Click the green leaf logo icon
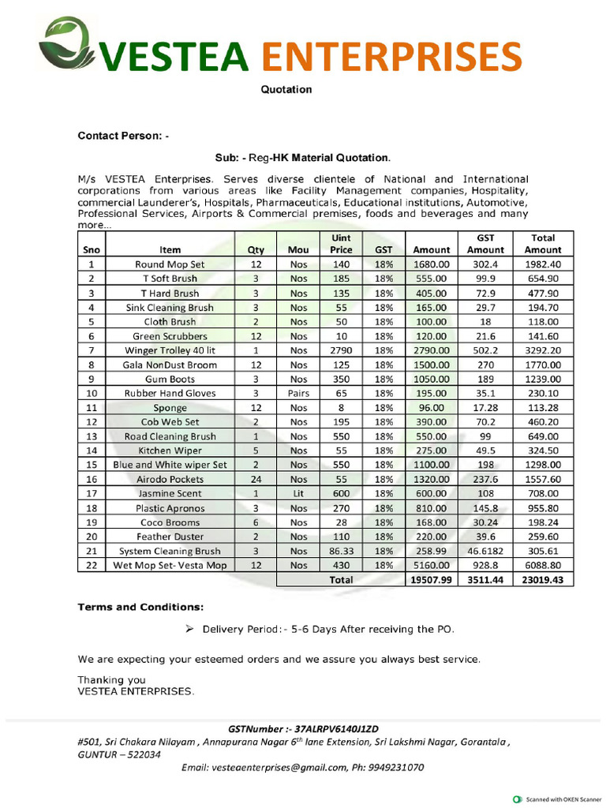tap(67, 44)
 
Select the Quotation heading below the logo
tap(286, 89)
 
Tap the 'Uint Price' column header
tap(341, 243)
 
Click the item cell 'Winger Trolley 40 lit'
tap(170, 350)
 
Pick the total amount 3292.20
tap(543, 350)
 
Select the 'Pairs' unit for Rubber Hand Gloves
tap(298, 393)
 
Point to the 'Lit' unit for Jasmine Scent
tap(298, 493)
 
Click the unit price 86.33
tap(341, 551)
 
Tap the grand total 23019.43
tap(543, 579)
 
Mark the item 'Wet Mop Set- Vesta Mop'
tap(170, 565)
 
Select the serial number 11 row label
tap(92, 407)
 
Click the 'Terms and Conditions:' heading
tap(140, 608)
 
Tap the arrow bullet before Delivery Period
tap(189, 630)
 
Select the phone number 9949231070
tap(396, 767)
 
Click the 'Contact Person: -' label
tap(122, 136)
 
